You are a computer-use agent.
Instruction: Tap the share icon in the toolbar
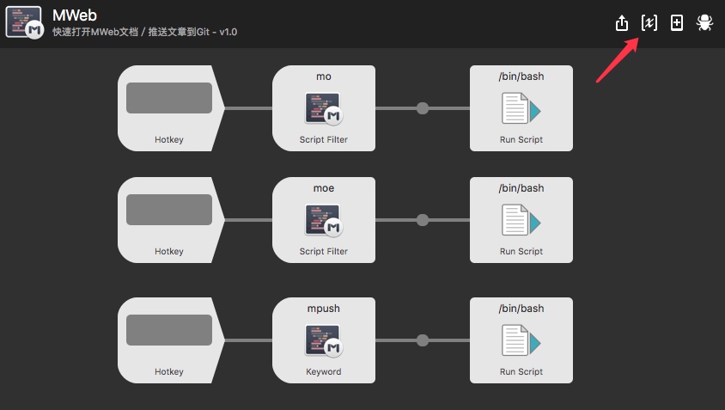[x=622, y=23]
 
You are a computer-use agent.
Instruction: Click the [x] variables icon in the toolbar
[x=649, y=23]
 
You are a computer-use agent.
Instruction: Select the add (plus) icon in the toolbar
[x=677, y=23]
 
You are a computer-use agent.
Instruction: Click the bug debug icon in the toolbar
[x=704, y=23]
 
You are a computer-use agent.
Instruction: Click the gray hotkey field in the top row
[x=169, y=98]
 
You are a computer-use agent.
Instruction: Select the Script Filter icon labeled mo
[x=324, y=108]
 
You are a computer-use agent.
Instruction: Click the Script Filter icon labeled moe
[x=324, y=220]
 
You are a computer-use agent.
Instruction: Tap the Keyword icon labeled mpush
[x=324, y=340]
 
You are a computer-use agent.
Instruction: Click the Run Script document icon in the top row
[x=521, y=108]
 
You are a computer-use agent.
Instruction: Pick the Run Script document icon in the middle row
[x=521, y=220]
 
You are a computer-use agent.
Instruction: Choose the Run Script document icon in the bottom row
[x=521, y=340]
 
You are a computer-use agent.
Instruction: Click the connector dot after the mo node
[x=422, y=108]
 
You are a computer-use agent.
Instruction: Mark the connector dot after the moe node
[x=422, y=220]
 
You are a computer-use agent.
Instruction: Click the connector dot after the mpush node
[x=422, y=340]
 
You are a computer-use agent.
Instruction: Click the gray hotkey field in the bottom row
[x=169, y=330]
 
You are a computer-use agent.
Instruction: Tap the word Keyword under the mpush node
[x=324, y=372]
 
